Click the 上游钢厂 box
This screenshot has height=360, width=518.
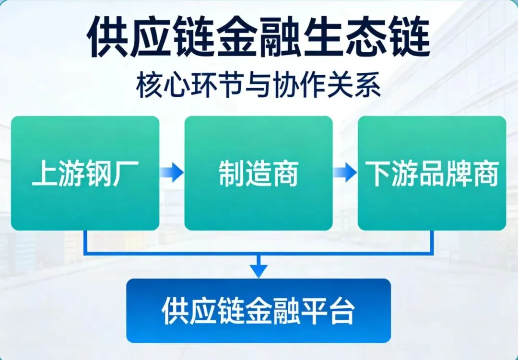point(85,173)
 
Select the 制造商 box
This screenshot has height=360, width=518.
point(259,173)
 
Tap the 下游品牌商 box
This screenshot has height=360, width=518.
point(432,173)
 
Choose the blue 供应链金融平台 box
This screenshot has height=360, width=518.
point(259,311)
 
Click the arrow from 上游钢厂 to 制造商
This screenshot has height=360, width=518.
point(172,173)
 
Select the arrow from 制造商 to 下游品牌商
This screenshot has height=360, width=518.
point(345,173)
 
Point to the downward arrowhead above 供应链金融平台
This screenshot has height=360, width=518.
point(259,271)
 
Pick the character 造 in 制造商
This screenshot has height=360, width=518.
point(259,174)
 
